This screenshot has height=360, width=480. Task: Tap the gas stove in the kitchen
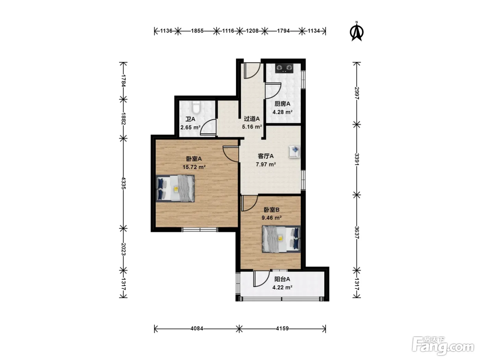pyautogui.click(x=284, y=69)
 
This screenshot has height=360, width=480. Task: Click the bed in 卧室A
pyautogui.click(x=175, y=188)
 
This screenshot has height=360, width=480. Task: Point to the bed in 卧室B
pyautogui.click(x=281, y=239)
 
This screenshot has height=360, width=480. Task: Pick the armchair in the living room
pyautogui.click(x=294, y=152)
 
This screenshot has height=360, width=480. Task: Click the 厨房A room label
pyautogui.click(x=282, y=104)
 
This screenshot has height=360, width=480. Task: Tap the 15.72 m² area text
pyautogui.click(x=194, y=167)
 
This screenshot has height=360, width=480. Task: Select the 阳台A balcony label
pyautogui.click(x=282, y=279)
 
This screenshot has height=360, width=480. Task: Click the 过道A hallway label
pyautogui.click(x=252, y=119)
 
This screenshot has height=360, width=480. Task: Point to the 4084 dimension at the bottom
pyautogui.click(x=197, y=328)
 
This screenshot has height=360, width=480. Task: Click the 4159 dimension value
pyautogui.click(x=282, y=328)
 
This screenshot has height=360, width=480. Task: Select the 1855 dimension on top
pyautogui.click(x=197, y=31)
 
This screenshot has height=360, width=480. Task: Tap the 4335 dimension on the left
pyautogui.click(x=123, y=183)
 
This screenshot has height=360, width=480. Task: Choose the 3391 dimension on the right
pyautogui.click(x=357, y=159)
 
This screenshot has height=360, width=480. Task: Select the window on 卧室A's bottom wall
pyautogui.click(x=200, y=229)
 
